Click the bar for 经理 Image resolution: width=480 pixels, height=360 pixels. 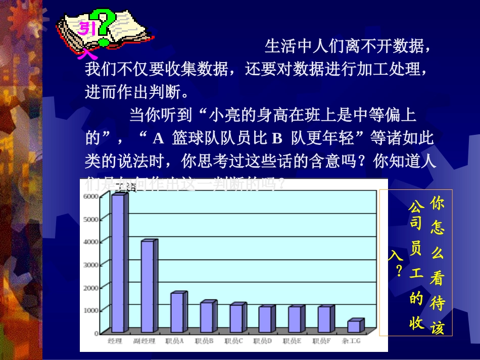click(x=118, y=264)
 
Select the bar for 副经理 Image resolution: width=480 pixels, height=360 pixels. click(x=148, y=287)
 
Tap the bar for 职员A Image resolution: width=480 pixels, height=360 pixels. click(x=177, y=313)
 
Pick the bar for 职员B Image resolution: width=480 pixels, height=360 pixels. click(x=207, y=318)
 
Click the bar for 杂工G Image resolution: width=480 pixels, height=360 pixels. click(x=354, y=327)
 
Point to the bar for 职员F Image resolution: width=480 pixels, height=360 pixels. click(x=324, y=320)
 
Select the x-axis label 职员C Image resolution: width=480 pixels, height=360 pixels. click(x=233, y=341)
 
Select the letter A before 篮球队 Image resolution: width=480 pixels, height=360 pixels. click(x=158, y=138)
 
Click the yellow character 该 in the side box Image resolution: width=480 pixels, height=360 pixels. click(x=437, y=328)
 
